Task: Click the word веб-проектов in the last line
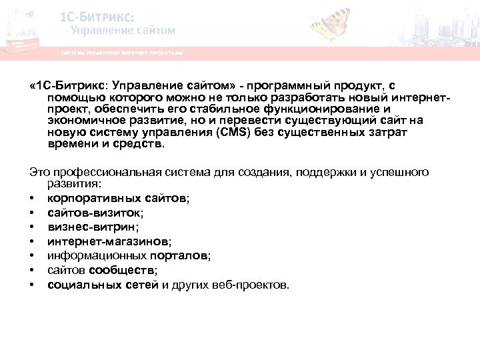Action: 257,285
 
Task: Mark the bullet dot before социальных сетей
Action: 32,285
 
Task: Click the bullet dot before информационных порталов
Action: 32,255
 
